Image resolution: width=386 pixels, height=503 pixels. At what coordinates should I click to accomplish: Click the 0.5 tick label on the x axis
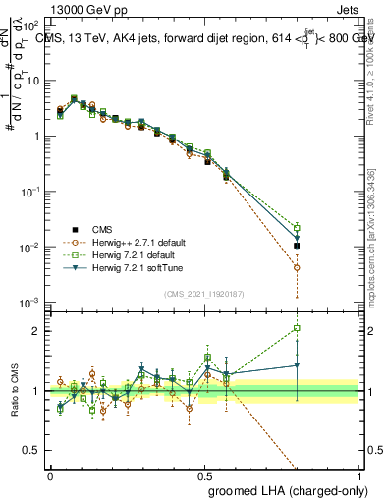204,475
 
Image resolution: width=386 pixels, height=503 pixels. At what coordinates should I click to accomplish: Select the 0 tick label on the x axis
50,475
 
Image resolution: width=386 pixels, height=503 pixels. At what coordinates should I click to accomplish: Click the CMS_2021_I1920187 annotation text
204,292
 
